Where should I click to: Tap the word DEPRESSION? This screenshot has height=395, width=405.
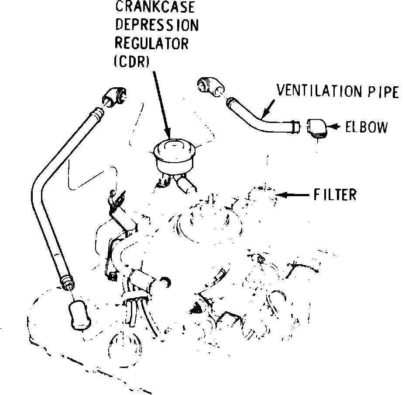coord(156,25)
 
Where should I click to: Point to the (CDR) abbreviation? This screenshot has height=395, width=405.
coord(131,62)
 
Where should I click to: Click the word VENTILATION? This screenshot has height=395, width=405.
coord(318,92)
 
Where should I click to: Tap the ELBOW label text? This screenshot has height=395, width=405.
coord(366,127)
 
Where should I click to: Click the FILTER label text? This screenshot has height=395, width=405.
coord(335,194)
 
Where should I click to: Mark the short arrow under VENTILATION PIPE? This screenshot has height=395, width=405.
coord(267,109)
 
